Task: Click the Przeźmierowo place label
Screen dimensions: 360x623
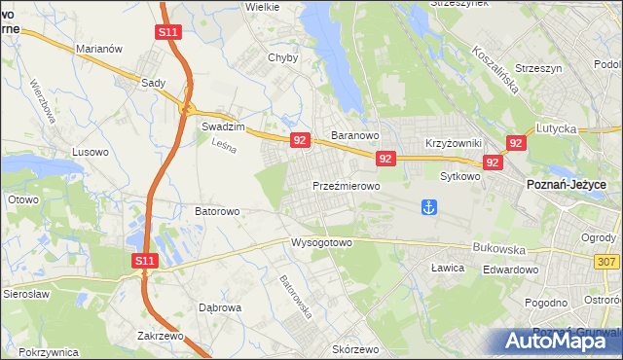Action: tap(346, 185)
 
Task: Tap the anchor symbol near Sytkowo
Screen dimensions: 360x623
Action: tap(427, 206)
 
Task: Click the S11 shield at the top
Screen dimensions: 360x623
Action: tap(167, 32)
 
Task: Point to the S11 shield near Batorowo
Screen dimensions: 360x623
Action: tap(144, 261)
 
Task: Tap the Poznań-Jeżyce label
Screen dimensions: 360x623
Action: tap(567, 185)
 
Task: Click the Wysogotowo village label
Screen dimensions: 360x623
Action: tap(320, 242)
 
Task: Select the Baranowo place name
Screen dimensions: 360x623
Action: tap(354, 135)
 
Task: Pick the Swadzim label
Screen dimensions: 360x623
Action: tap(220, 126)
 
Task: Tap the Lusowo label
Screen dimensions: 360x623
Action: tap(91, 152)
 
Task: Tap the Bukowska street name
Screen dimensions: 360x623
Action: tap(498, 248)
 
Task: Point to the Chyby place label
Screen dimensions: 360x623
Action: tap(282, 57)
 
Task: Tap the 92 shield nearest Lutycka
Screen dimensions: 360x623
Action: tap(516, 143)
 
